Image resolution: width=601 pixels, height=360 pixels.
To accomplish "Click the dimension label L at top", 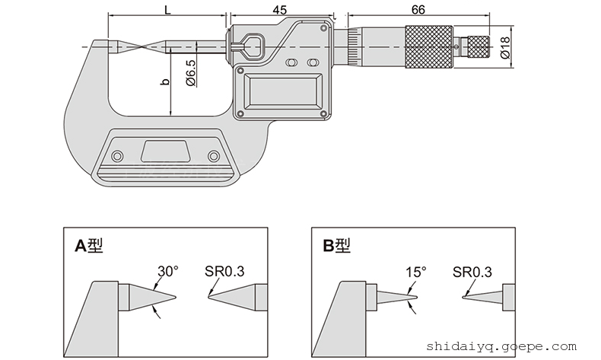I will tap(167, 9).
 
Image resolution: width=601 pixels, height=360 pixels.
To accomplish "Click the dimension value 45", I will tap(279, 9).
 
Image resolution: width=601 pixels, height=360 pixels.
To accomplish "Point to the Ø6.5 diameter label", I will tap(191, 73).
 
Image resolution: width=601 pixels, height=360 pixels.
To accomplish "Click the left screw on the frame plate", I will tap(116, 157).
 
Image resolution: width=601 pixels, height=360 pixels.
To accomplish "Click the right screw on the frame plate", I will tap(214, 157).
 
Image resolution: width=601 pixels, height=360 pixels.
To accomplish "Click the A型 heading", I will tap(89, 245).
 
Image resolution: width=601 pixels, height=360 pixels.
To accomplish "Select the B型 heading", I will tap(337, 245).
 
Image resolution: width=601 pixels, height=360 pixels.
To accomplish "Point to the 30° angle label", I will tap(167, 271).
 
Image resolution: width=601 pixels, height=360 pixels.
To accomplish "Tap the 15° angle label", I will tap(415, 271).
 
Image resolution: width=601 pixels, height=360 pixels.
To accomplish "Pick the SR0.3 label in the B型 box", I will tap(472, 271).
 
